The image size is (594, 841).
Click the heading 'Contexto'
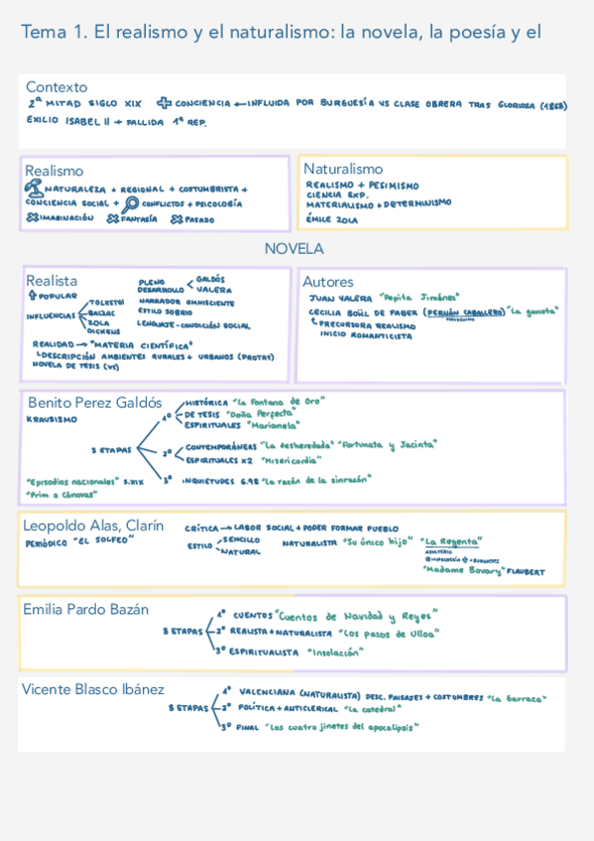pyautogui.click(x=57, y=87)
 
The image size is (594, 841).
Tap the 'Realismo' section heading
pyautogui.click(x=55, y=171)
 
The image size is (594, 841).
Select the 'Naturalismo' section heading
pyautogui.click(x=343, y=169)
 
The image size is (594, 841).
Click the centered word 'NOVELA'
pyautogui.click(x=294, y=248)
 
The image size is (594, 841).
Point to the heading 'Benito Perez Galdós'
pyautogui.click(x=94, y=403)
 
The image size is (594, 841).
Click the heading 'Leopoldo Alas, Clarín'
pyautogui.click(x=93, y=526)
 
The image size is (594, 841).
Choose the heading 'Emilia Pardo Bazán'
pyautogui.click(x=86, y=609)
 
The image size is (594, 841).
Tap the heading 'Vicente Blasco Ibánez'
pyautogui.click(x=93, y=689)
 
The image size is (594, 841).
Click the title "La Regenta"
pyautogui.click(x=451, y=541)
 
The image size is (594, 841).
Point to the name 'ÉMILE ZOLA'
pyautogui.click(x=332, y=219)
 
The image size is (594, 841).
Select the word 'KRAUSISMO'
pyautogui.click(x=51, y=420)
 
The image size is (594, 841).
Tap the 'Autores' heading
pyautogui.click(x=327, y=282)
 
